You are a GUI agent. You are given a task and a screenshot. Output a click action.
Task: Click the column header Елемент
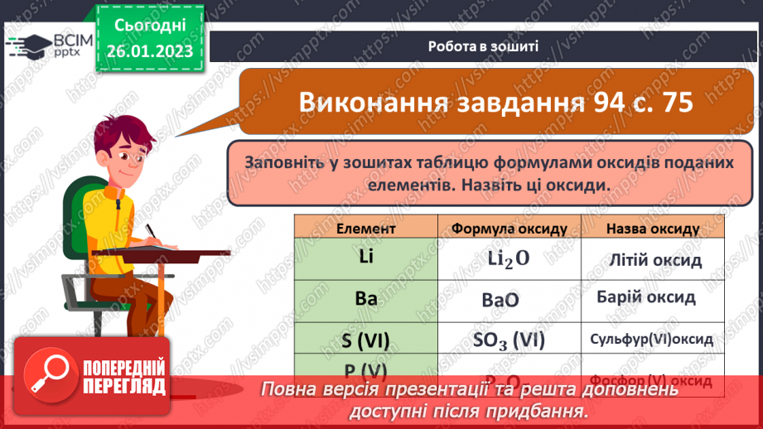click(x=365, y=228)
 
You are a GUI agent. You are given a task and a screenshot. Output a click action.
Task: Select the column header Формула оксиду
click(x=509, y=228)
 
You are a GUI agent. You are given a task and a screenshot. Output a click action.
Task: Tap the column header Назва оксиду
click(x=652, y=228)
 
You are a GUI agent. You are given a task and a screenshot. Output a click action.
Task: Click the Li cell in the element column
click(x=365, y=258)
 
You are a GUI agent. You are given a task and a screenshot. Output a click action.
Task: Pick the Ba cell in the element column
click(x=365, y=297)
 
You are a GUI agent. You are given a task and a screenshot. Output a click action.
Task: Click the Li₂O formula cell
click(x=509, y=259)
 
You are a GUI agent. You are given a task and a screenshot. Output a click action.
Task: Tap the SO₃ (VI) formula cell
click(x=509, y=340)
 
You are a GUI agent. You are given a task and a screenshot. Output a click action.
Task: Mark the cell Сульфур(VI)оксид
click(x=651, y=340)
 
